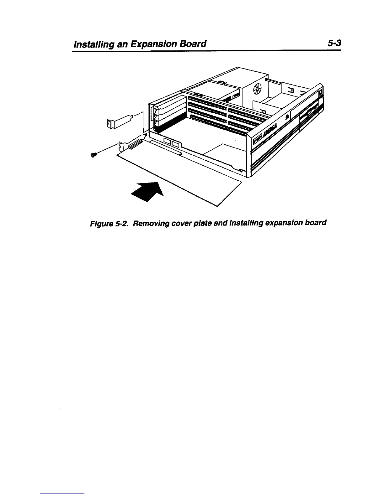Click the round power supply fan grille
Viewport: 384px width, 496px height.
(x=257, y=89)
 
